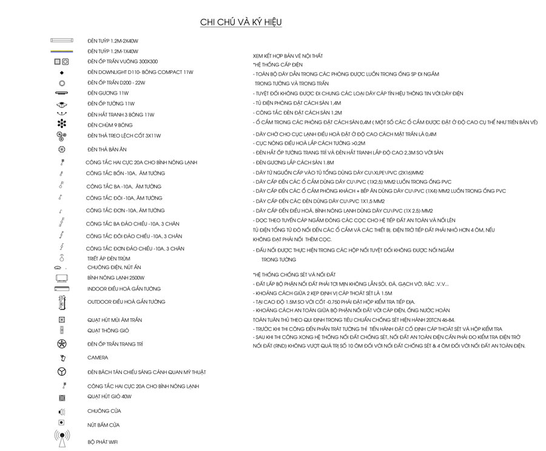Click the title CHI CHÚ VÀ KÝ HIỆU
(241, 22)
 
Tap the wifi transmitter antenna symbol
(62, 438)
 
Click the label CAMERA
(98, 358)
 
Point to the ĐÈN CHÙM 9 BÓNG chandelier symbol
(62, 124)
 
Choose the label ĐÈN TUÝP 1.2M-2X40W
(113, 41)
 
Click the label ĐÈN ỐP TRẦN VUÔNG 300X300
(123, 62)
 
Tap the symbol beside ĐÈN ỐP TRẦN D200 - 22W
(62, 82)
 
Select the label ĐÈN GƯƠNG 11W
(108, 93)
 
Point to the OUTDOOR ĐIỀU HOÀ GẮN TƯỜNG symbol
(62, 302)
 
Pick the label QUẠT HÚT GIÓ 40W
(109, 396)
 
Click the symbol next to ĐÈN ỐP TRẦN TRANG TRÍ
(62, 344)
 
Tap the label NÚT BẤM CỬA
(103, 425)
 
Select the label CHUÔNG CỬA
(104, 411)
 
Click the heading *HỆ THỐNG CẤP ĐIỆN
(277, 64)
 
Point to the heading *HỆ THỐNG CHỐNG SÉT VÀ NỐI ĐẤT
(294, 275)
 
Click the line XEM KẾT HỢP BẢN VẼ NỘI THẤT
(288, 56)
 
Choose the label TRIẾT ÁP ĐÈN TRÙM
(109, 258)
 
